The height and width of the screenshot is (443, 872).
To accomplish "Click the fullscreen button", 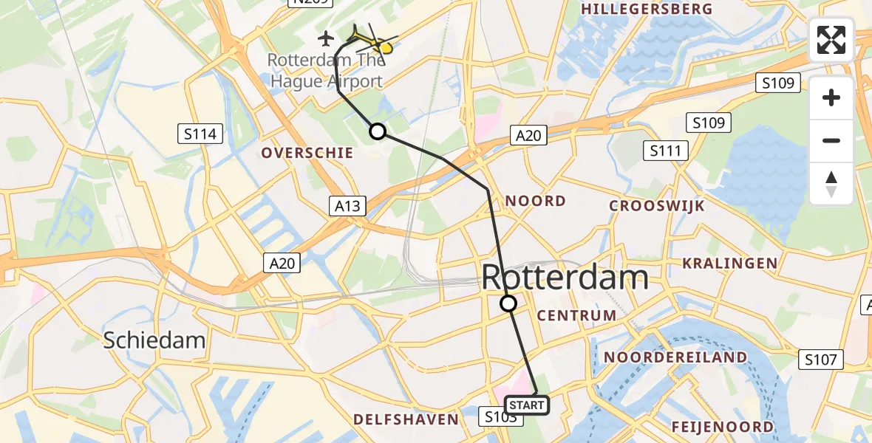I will pyautogui.click(x=831, y=40).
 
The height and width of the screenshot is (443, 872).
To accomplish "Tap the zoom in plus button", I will pyautogui.click(x=831, y=97).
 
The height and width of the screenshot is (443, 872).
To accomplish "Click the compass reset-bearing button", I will pyautogui.click(x=831, y=184).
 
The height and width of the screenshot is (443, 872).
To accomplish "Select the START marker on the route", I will pyautogui.click(x=527, y=405).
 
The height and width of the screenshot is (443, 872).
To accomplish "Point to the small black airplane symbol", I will pyautogui.click(x=326, y=37).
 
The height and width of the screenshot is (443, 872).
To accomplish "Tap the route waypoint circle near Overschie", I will pyautogui.click(x=378, y=131).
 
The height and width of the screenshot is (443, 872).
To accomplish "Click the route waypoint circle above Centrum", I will pyautogui.click(x=508, y=303).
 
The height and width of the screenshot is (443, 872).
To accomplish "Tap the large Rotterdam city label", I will pyautogui.click(x=565, y=278).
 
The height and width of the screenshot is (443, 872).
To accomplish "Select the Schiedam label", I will pyautogui.click(x=154, y=340).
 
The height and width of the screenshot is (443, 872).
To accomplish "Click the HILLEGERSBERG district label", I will pyautogui.click(x=647, y=9).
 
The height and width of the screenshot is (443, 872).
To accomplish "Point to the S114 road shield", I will pyautogui.click(x=201, y=134).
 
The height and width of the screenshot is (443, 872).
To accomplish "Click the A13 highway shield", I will pyautogui.click(x=347, y=205).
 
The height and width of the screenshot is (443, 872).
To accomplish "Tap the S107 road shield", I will pyautogui.click(x=821, y=360).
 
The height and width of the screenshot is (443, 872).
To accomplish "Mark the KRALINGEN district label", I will pyautogui.click(x=729, y=264).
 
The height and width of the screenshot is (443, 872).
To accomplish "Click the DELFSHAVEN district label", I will pyautogui.click(x=406, y=419).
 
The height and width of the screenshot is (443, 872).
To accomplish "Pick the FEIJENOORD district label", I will pyautogui.click(x=723, y=427).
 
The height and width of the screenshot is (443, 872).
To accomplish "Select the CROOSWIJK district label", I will pyautogui.click(x=656, y=206).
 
